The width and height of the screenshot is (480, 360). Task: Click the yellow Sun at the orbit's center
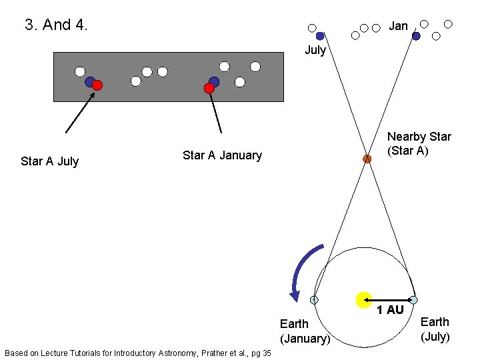point(363,300)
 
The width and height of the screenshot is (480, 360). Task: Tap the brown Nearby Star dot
point(367,159)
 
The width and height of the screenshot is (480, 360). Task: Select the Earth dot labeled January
point(314,300)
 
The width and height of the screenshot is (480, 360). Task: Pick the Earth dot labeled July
point(413,300)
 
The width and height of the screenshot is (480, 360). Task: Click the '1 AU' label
point(390,310)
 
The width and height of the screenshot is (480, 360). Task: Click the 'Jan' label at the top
point(398,26)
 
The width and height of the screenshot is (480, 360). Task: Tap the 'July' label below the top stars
point(315,50)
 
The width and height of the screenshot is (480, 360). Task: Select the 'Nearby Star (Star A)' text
point(419,143)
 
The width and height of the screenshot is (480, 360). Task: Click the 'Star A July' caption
point(49,161)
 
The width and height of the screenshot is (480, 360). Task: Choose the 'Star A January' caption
point(222,155)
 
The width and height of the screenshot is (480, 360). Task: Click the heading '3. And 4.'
point(56,25)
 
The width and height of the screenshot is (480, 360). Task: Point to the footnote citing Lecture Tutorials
point(137,353)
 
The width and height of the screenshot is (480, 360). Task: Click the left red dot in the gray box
point(97,85)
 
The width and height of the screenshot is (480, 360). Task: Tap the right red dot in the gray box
point(209,88)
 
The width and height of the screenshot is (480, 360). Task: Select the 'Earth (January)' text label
point(305,331)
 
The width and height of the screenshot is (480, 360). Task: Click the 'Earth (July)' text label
point(435,329)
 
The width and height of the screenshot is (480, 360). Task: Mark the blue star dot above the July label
point(320,36)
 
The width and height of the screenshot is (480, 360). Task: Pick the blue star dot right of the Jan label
point(416,36)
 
